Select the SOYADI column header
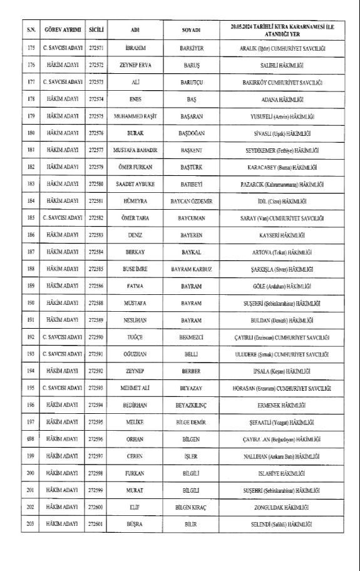191,29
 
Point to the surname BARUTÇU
192,82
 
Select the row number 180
30,133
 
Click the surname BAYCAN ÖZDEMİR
192,201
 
